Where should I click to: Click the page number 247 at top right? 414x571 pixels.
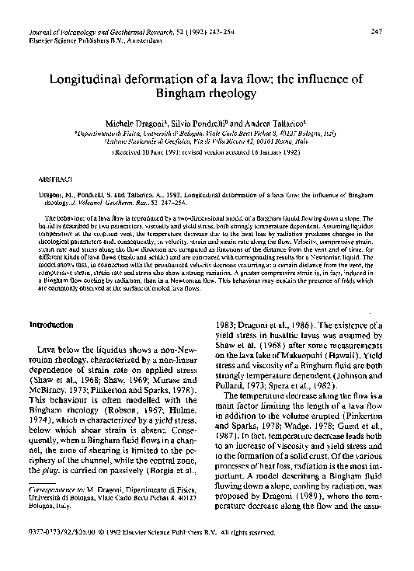click(376, 31)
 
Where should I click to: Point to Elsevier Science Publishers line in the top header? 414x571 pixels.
click(95, 39)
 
